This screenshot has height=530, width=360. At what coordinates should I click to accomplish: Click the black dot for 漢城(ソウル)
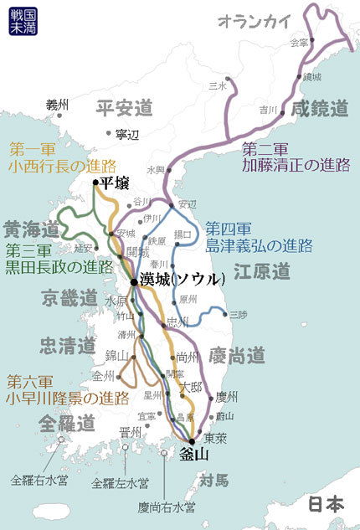[x=133, y=282]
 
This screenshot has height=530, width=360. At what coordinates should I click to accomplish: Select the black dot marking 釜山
[x=192, y=441]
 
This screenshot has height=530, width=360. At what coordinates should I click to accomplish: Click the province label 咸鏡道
[x=320, y=107]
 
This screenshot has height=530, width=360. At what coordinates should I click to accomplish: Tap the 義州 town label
[x=57, y=105]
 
